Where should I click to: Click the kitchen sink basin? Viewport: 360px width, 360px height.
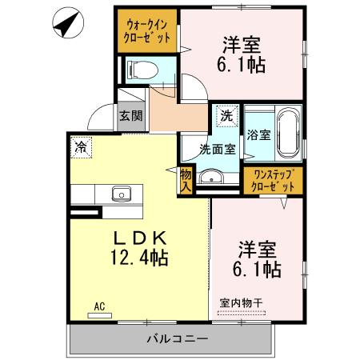[122, 194]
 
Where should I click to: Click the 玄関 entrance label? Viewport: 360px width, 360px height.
[130, 115]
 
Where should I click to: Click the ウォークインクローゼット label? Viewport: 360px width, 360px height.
[147, 32]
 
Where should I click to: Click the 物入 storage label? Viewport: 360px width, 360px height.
[186, 180]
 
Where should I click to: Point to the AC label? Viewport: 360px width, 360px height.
[99, 306]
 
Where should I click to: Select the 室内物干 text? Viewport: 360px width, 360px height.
[246, 302]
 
